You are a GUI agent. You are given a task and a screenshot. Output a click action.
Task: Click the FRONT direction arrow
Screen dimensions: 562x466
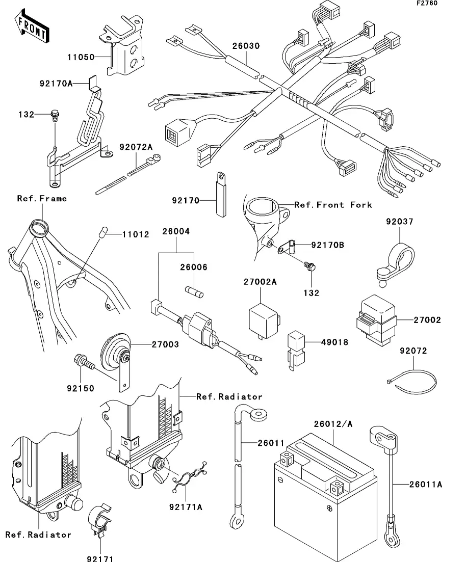click(32, 28)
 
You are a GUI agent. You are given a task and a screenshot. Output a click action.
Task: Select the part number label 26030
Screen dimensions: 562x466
click(246, 46)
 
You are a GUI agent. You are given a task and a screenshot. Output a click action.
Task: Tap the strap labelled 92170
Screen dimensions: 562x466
click(222, 196)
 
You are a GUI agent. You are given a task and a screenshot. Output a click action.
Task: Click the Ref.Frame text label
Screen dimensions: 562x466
click(42, 198)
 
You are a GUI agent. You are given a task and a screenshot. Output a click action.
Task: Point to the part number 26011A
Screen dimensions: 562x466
click(425, 484)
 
